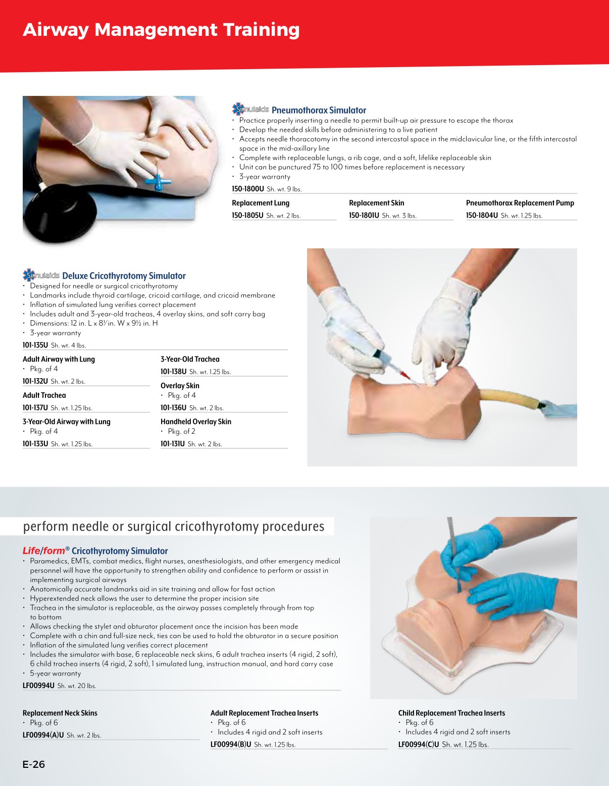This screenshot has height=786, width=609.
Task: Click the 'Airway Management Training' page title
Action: coord(161,30)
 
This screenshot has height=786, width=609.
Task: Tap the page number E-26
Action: coord(34,764)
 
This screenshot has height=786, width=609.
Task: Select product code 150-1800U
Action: coord(248,189)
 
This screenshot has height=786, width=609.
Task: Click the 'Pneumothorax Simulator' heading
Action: coord(319,110)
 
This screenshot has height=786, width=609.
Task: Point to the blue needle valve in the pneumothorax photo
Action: coord(158,180)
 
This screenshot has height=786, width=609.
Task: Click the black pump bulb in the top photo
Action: coord(58,217)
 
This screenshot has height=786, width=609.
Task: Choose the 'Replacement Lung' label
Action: coord(261,203)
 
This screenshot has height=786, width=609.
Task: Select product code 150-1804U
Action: coord(482,216)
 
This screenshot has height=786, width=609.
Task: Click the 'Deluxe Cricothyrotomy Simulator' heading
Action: coord(124,276)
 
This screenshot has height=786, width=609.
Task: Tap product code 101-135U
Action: coord(35,345)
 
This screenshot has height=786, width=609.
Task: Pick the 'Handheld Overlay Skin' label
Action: coord(196,422)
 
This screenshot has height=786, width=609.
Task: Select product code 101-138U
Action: coord(174,372)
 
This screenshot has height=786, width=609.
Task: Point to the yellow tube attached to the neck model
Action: coord(510,398)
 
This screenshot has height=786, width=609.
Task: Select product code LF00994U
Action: coord(38,686)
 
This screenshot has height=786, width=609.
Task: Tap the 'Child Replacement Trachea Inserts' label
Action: coord(451,713)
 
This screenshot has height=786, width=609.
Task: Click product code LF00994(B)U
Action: coord(231,745)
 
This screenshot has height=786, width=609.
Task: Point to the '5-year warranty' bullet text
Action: coord(56,673)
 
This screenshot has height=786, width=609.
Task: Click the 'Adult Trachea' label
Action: coord(44,395)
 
